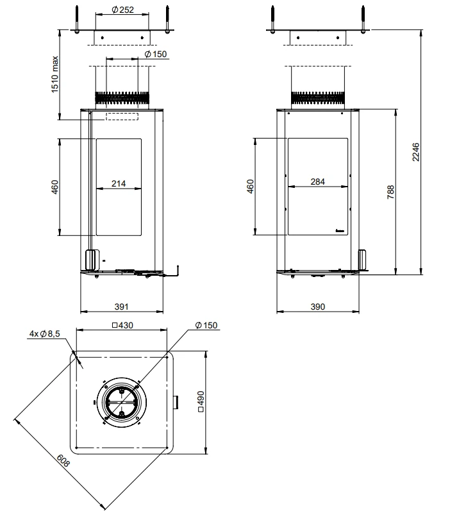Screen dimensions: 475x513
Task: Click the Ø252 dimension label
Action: (x=122, y=10)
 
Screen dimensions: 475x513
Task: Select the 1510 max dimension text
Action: (x=54, y=74)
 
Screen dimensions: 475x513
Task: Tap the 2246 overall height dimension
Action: (x=415, y=152)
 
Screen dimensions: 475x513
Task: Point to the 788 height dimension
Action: (x=390, y=192)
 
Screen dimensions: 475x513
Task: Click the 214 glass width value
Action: (x=119, y=183)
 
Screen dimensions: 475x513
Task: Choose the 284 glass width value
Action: (x=318, y=181)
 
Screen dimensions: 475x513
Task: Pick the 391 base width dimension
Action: (x=121, y=307)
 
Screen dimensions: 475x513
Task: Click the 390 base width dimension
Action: (x=318, y=307)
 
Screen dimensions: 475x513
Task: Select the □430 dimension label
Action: (x=122, y=325)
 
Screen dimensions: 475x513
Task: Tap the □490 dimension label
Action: (x=201, y=401)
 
